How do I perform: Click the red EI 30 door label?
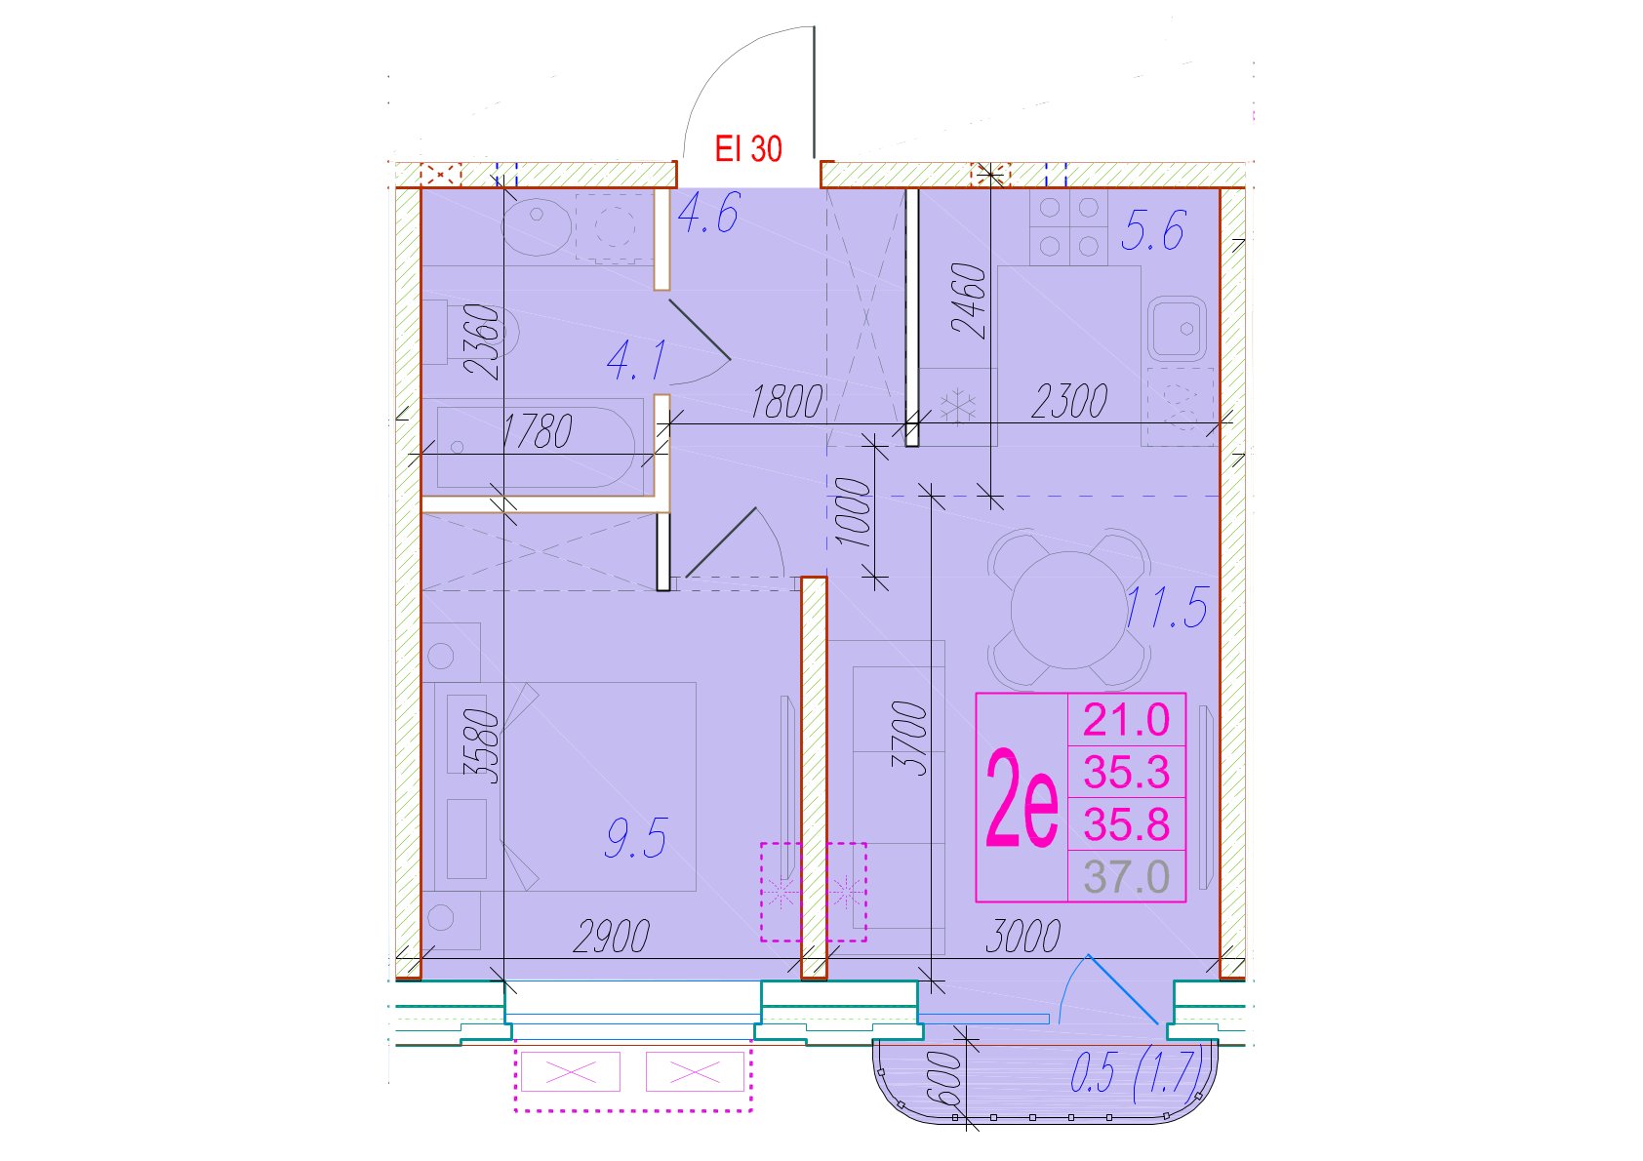pyautogui.click(x=748, y=149)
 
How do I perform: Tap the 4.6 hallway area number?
pyautogui.click(x=708, y=213)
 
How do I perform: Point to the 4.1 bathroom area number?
pyautogui.click(x=637, y=361)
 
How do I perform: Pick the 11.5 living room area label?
pyautogui.click(x=1166, y=608)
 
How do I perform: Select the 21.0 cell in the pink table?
pyautogui.click(x=1127, y=719)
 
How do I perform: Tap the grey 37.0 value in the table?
pyautogui.click(x=1127, y=877)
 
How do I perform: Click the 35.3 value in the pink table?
pyautogui.click(x=1127, y=773)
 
